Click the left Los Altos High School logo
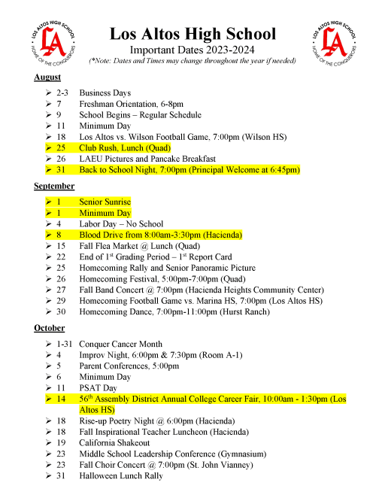pos(48,44)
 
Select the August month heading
pos(47,77)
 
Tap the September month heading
pos(53,186)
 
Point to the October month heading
pos(50,328)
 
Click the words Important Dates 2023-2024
pos(192,50)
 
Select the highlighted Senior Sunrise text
pos(105,202)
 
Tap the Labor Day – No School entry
pos(120,224)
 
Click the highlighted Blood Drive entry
pos(161,235)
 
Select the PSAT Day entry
pos(99,388)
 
